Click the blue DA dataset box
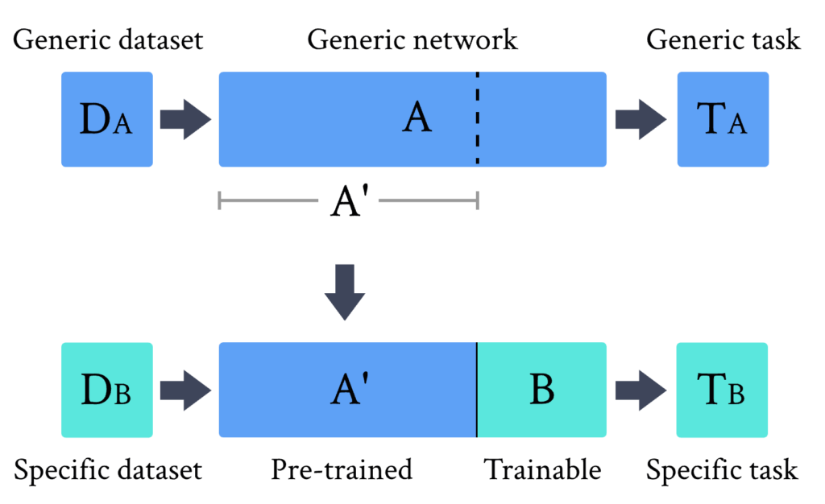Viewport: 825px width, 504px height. (x=106, y=119)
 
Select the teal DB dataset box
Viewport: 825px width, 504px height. (x=106, y=390)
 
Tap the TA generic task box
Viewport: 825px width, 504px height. (x=723, y=119)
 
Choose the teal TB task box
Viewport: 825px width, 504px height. (x=722, y=390)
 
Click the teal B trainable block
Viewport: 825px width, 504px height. (x=541, y=390)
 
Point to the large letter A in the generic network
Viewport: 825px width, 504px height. (x=417, y=118)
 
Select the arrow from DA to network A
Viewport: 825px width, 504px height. (x=184, y=119)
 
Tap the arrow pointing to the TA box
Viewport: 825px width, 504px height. (x=640, y=119)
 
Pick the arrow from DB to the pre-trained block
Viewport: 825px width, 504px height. (x=184, y=390)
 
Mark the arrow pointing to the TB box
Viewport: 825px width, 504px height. (x=640, y=390)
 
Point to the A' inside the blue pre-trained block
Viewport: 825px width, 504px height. (x=349, y=390)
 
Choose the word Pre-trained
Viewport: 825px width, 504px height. (x=342, y=469)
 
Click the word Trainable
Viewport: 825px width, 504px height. (x=542, y=469)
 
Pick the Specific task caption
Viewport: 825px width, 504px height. (x=722, y=469)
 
